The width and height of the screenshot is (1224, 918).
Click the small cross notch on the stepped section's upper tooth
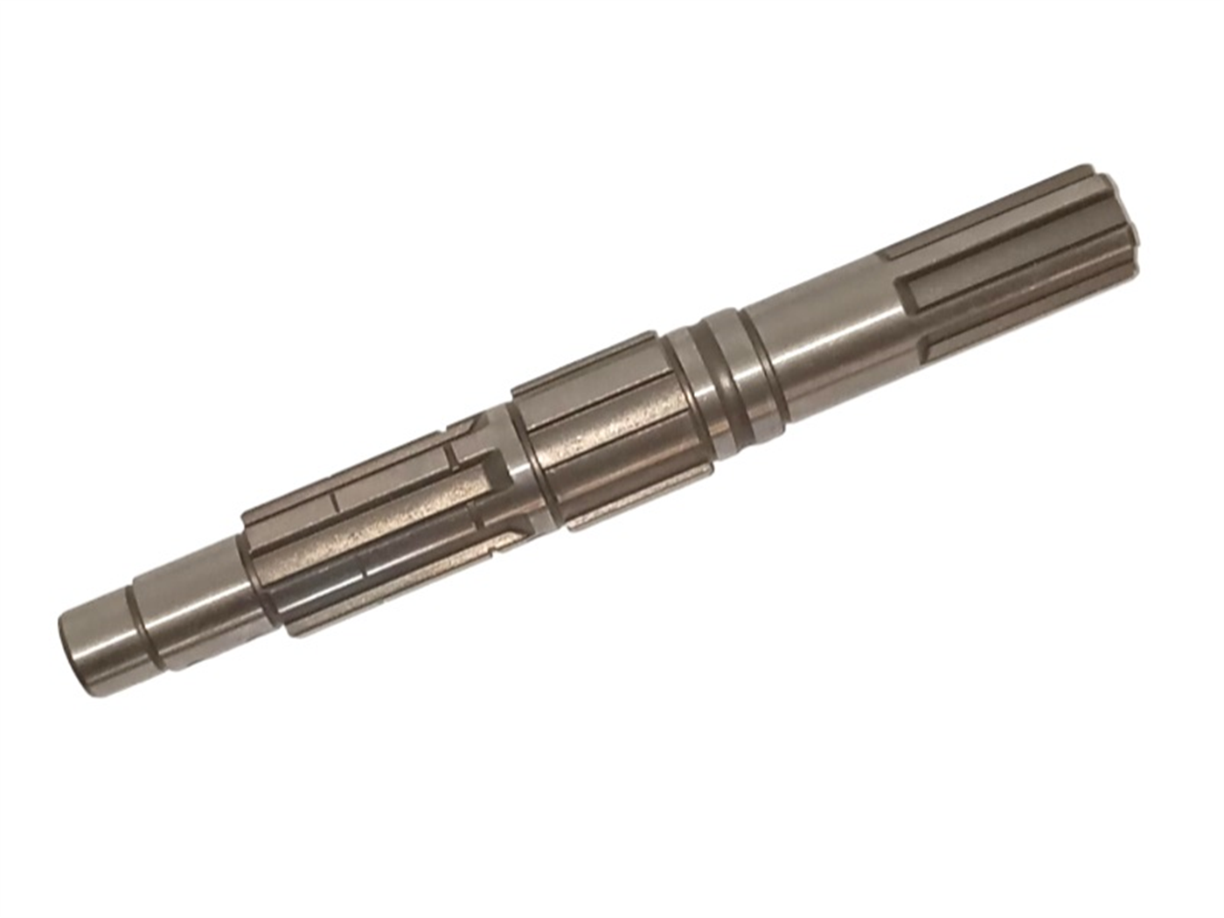point(335,501)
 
